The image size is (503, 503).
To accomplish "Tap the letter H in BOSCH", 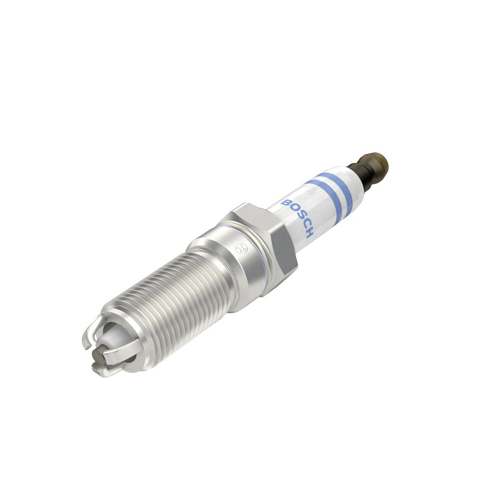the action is pyautogui.click(x=308, y=233).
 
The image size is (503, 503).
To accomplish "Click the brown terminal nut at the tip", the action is pyautogui.click(x=375, y=163).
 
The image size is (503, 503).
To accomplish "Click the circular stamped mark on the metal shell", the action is pyautogui.click(x=240, y=248).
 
